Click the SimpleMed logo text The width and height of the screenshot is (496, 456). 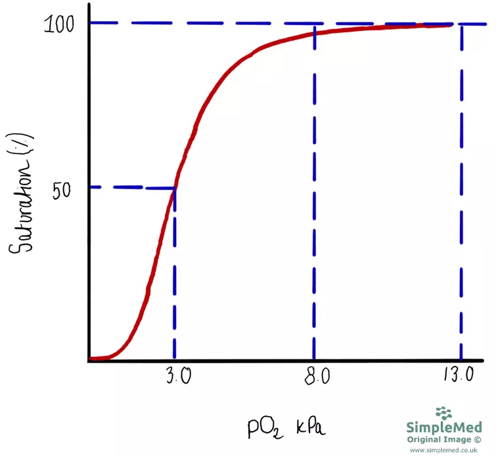point(444,428)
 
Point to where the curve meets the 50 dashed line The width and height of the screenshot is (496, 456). point(175,189)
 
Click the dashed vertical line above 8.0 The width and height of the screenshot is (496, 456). point(315,197)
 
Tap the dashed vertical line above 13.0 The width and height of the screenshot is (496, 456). point(462,197)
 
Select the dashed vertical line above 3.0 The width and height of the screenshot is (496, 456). point(175,276)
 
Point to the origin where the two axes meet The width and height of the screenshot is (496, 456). point(88,361)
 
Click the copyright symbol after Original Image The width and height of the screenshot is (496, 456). point(477,439)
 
